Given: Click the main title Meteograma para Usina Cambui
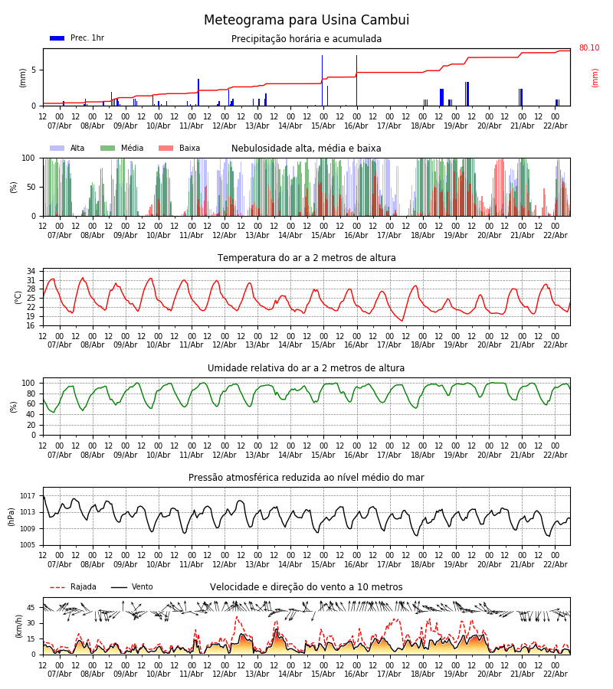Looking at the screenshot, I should pos(306,21).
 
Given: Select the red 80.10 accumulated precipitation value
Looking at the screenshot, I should pos(589,48).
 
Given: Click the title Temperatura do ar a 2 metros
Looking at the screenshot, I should pos(306,258).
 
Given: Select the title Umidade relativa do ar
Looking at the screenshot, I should pos(306,368).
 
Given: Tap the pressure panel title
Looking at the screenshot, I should pos(306,478).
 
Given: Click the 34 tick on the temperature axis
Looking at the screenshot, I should pos(31,272).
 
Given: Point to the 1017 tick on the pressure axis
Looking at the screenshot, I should pos(28,496).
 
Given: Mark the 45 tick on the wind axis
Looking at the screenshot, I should pos(31,608).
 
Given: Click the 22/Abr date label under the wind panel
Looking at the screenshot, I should pos(555,674).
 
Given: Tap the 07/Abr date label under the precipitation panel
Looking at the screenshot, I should pos(60,126).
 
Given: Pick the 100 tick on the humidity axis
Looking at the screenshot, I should pos(29,383).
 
